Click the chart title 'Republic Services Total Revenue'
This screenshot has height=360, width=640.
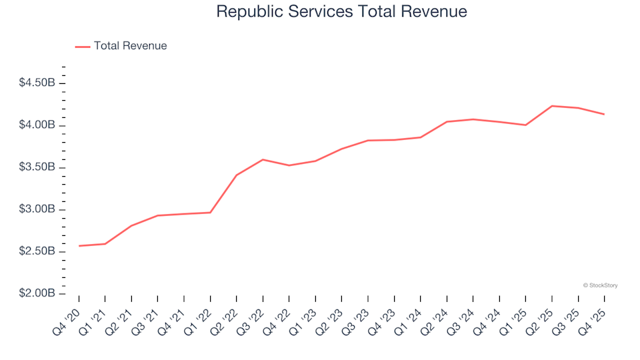(341, 12)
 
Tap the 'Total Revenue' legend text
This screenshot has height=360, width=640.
(130, 46)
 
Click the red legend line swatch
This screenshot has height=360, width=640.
(82, 47)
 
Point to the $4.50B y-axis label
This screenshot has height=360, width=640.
(37, 83)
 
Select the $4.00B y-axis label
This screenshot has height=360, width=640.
(37, 125)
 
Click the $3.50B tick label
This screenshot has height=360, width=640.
(37, 167)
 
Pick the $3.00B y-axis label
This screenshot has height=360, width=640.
(37, 209)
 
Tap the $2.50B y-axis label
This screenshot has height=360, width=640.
(37, 251)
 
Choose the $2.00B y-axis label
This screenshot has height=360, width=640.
(37, 293)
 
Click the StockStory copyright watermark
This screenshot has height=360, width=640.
(600, 285)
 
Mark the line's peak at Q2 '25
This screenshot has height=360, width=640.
(552, 106)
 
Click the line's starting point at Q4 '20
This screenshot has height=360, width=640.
(79, 246)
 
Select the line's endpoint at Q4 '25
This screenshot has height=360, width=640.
(605, 114)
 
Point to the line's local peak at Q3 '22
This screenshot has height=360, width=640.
(263, 159)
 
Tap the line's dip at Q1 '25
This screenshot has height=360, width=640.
(526, 125)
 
